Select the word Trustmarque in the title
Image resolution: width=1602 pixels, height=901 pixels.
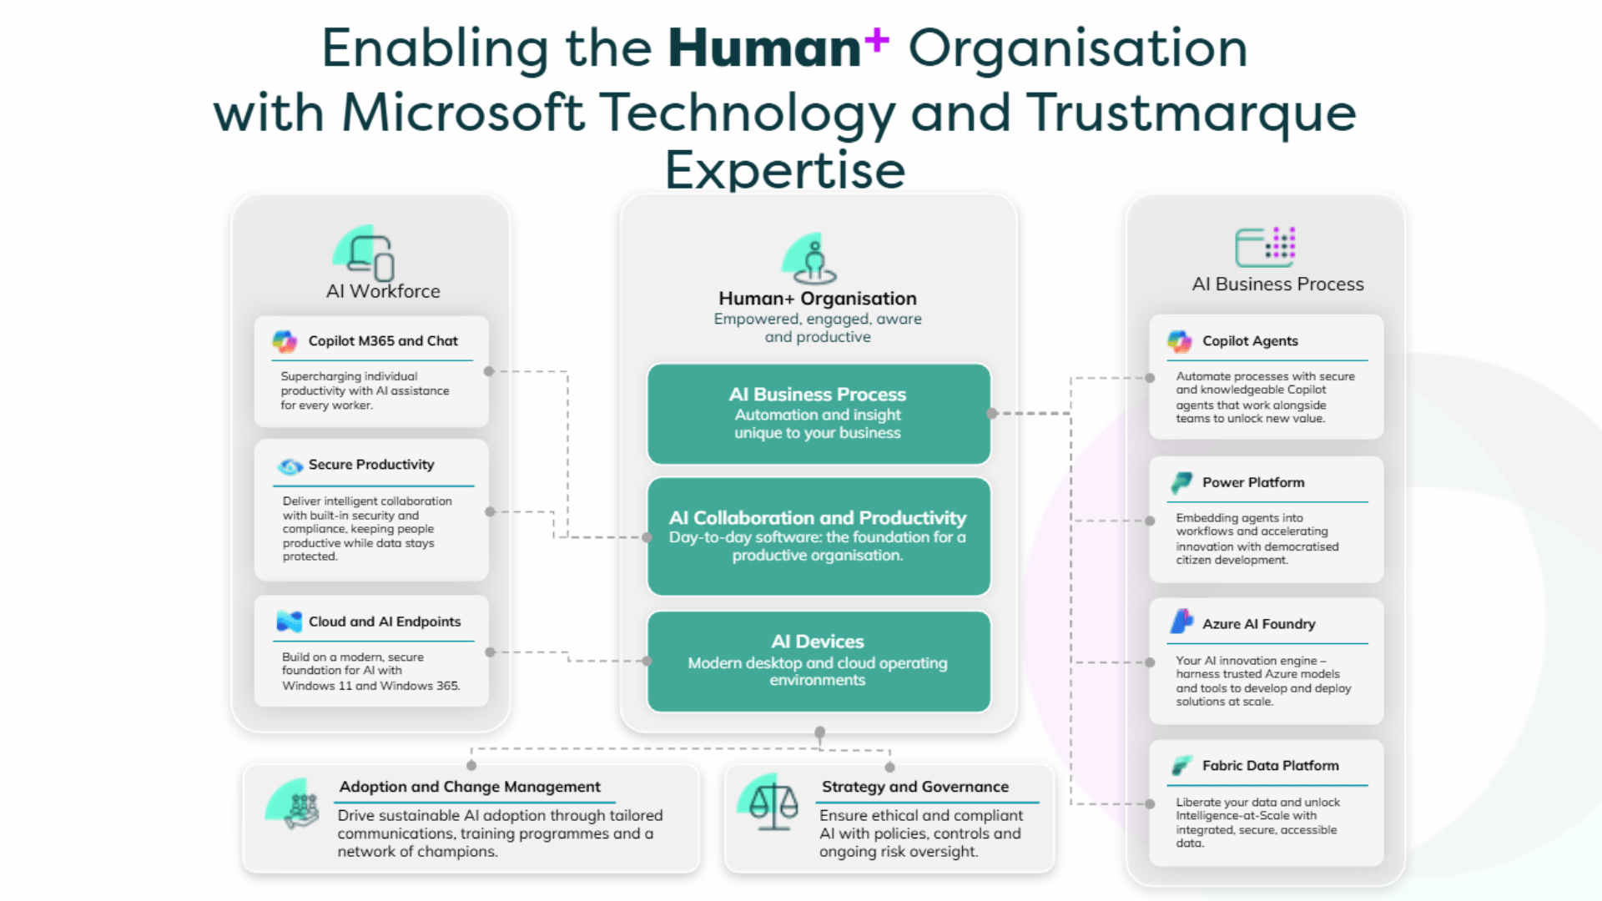click(1191, 113)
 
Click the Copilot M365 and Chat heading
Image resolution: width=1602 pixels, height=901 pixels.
click(383, 340)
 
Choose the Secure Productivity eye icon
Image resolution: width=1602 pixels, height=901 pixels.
click(290, 466)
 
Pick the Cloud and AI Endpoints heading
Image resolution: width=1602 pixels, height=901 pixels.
click(385, 622)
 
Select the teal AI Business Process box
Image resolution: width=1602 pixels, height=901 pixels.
click(819, 413)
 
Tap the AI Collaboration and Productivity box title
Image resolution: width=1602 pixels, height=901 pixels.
click(818, 518)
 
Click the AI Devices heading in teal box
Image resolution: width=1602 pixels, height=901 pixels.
click(818, 642)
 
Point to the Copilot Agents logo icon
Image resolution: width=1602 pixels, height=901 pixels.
click(1180, 341)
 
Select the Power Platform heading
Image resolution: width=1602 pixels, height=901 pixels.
click(1253, 482)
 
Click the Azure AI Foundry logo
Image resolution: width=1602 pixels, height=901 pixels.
click(1181, 622)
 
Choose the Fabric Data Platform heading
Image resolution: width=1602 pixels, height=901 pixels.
click(1270, 765)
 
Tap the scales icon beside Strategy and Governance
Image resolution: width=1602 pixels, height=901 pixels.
click(773, 805)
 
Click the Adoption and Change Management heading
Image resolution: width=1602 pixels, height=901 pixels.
click(470, 787)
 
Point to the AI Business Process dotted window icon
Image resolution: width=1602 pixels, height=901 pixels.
click(1266, 247)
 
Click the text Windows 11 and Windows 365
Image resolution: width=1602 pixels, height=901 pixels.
click(370, 686)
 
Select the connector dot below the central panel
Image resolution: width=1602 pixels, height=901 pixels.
click(819, 732)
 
